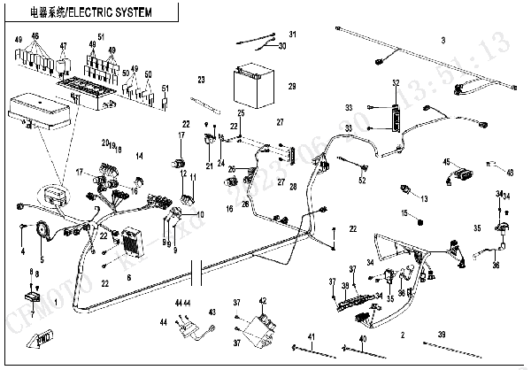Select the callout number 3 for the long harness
(442, 40)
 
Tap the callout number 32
(396, 82)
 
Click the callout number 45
(447, 161)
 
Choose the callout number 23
(201, 81)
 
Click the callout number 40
(362, 339)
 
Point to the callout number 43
(212, 312)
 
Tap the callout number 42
(262, 302)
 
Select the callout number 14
(138, 156)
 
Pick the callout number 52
(362, 181)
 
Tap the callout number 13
(424, 198)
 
